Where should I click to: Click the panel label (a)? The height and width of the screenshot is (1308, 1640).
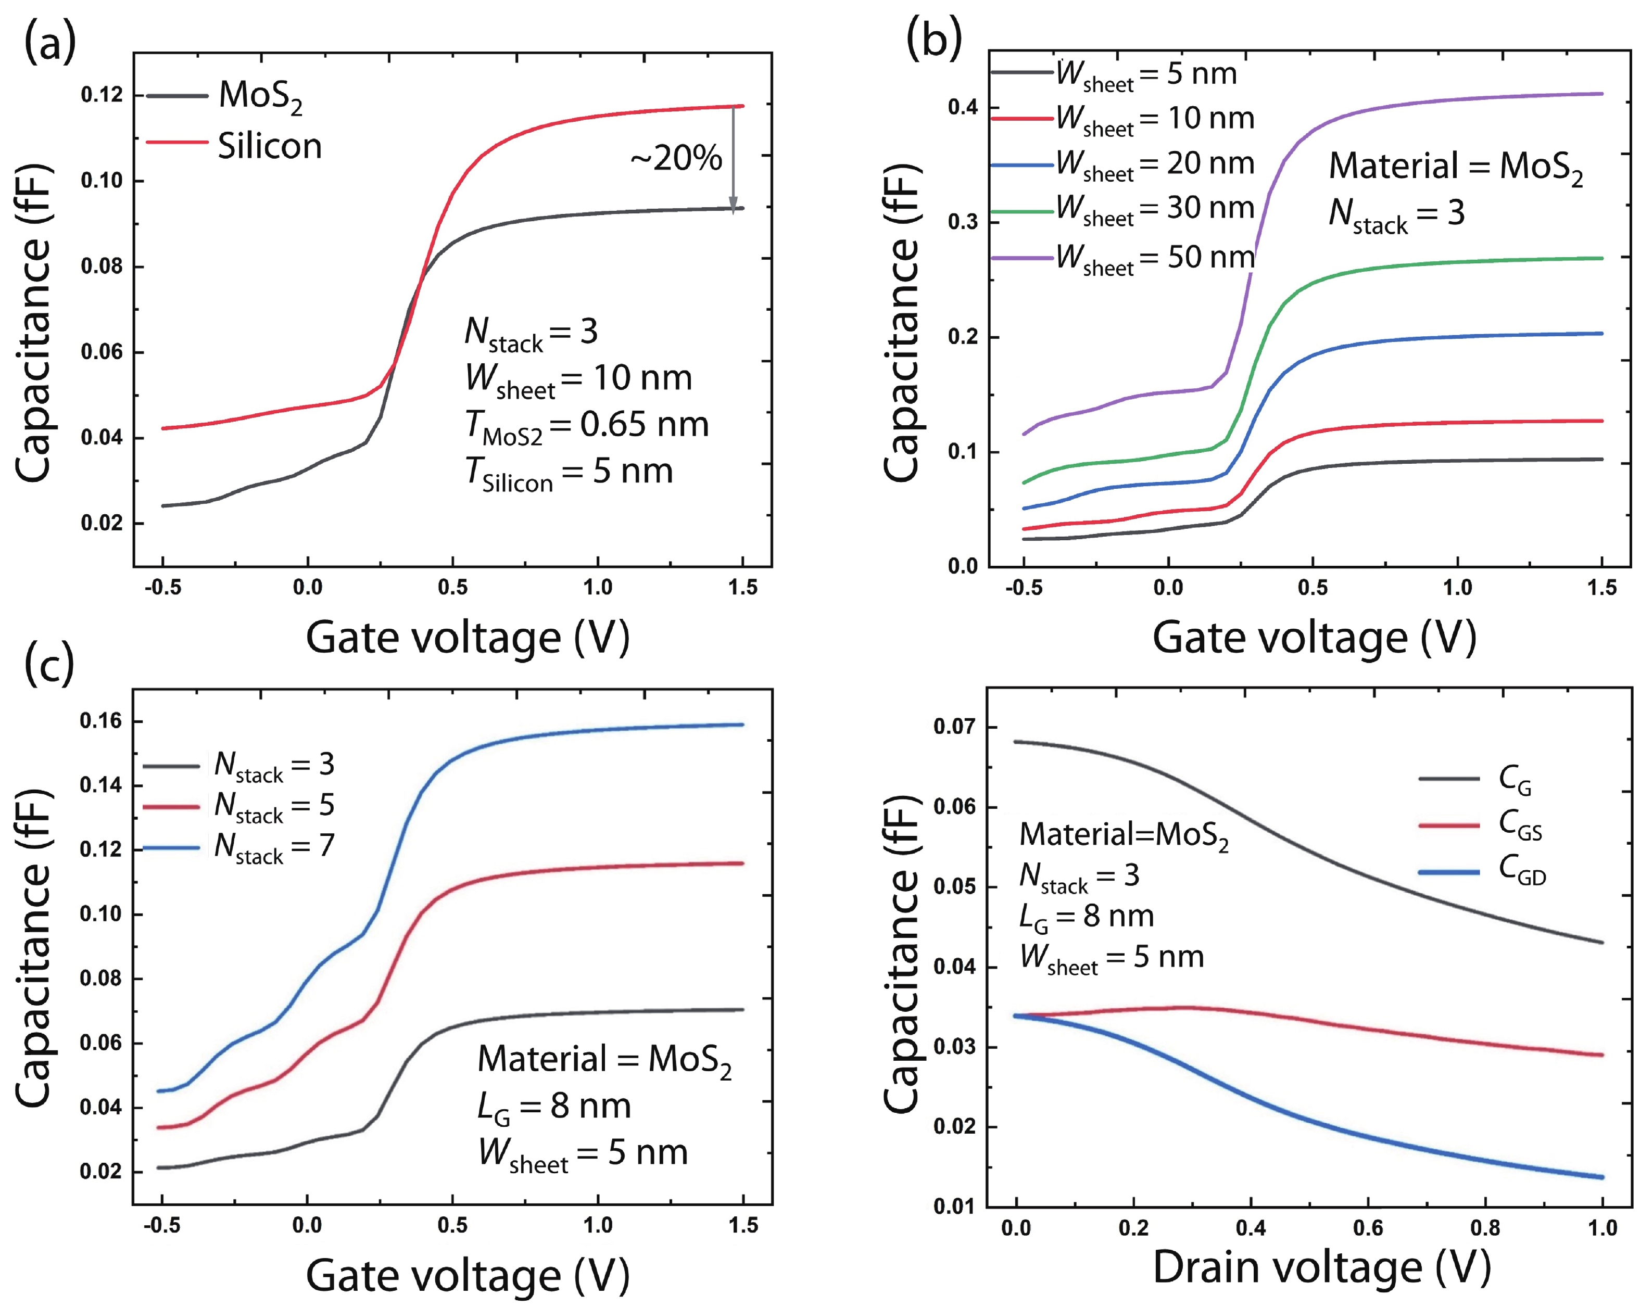coord(50,43)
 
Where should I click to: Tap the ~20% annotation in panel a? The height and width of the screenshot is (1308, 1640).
coord(675,158)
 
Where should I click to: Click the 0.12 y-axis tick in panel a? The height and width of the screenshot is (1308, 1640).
coord(101,95)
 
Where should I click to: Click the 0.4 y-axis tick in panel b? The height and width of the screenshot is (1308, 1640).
coord(962,107)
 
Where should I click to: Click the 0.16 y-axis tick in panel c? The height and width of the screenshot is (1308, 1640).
coord(100,721)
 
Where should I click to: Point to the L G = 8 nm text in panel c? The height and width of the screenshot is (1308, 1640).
coord(554,1107)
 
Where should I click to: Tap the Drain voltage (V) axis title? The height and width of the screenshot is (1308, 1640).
coord(1321,1268)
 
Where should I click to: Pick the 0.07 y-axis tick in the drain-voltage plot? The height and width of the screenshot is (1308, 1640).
coord(955,727)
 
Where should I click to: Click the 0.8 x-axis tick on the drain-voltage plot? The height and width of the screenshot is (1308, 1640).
coord(1485,1228)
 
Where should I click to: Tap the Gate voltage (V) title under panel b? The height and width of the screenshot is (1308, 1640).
coord(1314,637)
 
